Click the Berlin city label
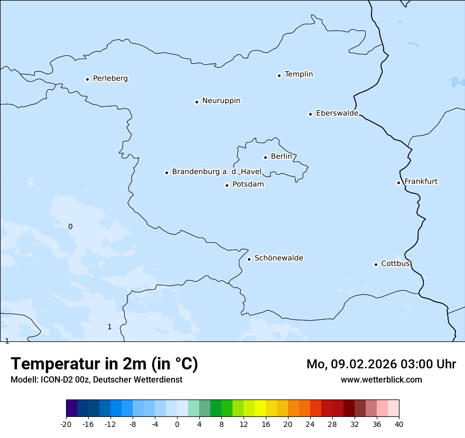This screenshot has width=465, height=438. click(x=281, y=157)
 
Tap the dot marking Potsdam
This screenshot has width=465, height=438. click(x=227, y=185)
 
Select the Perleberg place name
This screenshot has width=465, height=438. click(x=110, y=79)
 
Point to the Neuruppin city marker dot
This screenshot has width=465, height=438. click(x=197, y=102)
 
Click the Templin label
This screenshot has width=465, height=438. click(x=299, y=74)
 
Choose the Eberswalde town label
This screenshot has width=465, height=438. click(x=337, y=113)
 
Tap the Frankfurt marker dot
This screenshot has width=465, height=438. click(x=399, y=183)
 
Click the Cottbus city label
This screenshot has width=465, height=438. click(x=395, y=264)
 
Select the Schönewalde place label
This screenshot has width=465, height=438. click(x=278, y=259)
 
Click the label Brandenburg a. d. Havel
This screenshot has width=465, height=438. click(x=217, y=172)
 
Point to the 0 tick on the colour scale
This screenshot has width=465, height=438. click(x=177, y=424)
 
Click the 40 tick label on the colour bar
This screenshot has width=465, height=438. click(x=398, y=424)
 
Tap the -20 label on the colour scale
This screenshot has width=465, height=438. click(x=66, y=424)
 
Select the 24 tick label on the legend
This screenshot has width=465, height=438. click(x=310, y=424)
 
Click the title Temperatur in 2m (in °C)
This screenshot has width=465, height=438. click(x=104, y=364)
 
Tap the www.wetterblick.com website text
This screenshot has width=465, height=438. click(x=381, y=380)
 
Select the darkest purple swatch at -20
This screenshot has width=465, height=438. click(x=72, y=408)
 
